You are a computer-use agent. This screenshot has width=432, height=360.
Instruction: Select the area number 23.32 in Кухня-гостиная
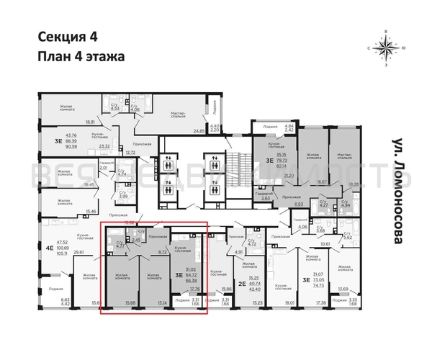coord(104,147)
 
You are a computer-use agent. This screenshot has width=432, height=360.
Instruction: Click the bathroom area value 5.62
coord(346,257)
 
